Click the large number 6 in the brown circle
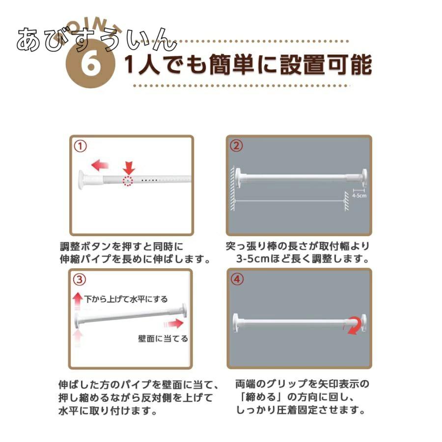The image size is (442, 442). point(90,64)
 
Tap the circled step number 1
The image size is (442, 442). point(80,146)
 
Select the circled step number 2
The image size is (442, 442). point(236,146)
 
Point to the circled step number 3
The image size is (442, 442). point(80,279)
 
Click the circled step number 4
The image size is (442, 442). point(237,279)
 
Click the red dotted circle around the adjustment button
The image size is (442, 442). point(127,180)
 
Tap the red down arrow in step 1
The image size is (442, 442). point(129,167)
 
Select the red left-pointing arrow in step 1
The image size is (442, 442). point(100,165)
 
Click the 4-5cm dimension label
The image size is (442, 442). point(359,195)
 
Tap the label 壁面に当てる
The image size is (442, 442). point(163,338)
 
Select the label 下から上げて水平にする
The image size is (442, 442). point(126,299)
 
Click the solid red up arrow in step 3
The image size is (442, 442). point(78,301)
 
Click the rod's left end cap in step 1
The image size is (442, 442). point(82,180)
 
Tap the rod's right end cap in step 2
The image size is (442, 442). point(364,178)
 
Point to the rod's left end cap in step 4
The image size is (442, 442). point(236,323)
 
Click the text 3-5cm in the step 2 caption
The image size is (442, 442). point(253,258)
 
